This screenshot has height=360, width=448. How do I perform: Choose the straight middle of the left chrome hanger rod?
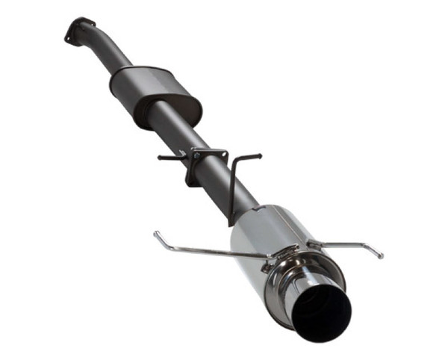pos(209,250)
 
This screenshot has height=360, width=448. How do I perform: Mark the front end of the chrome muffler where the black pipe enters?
pos(242,217)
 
